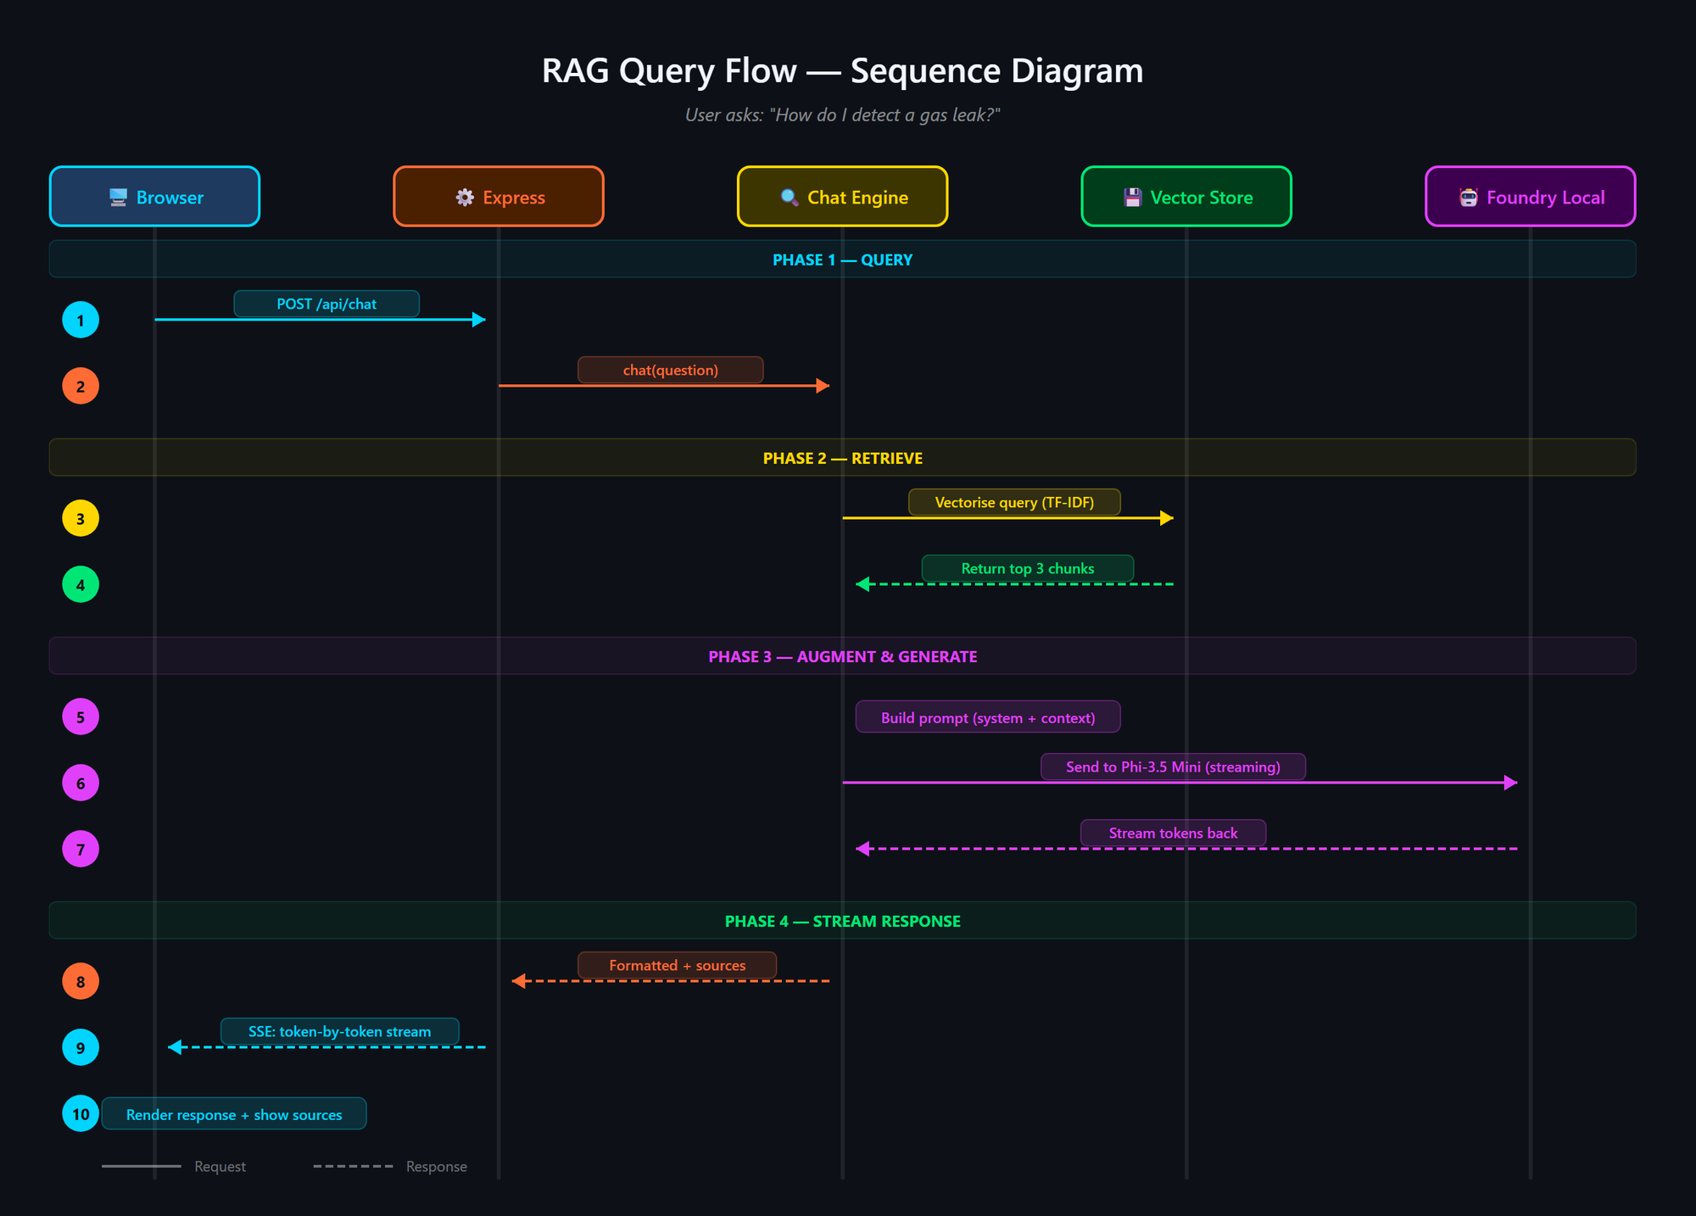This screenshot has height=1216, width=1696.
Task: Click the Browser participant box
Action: coord(154,197)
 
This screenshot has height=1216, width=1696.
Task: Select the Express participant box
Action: coord(499,197)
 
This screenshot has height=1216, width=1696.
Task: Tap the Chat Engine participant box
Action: coord(842,197)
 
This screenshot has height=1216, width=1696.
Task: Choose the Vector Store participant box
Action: coord(1186,197)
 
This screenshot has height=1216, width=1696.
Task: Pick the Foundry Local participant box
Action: coord(1530,197)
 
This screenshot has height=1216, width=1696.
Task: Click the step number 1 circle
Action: coord(81,321)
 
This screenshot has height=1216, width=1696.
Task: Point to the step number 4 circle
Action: coord(81,585)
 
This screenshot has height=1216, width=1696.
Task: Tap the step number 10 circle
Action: coord(81,1114)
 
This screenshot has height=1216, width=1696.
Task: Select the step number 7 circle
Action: coord(81,850)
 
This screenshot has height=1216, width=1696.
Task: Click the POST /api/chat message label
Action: coord(326,304)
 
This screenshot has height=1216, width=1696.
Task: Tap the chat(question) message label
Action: coord(670,371)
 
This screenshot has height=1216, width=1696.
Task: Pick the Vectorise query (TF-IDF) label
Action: coord(1014,503)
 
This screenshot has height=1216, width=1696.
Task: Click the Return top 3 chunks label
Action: coord(1027,569)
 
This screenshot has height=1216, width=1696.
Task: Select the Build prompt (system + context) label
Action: coord(988,718)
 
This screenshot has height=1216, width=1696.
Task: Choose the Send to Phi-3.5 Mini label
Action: coord(1173,767)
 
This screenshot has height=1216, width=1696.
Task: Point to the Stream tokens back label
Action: coord(1173,834)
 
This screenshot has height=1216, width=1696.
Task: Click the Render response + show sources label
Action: coord(234,1115)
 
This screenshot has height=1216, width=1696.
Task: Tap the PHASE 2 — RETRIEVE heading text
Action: coord(842,459)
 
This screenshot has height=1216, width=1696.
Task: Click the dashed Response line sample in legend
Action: coord(353,1167)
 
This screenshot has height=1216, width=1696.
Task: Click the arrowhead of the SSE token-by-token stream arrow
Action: coord(175,1048)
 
